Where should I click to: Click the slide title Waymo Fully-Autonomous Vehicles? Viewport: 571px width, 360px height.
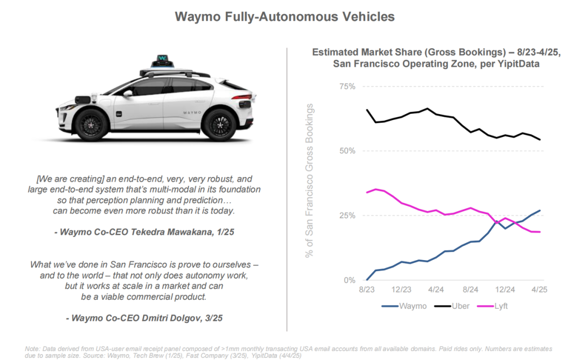(x=284, y=17)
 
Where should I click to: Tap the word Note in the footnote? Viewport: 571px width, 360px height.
(x=33, y=349)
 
